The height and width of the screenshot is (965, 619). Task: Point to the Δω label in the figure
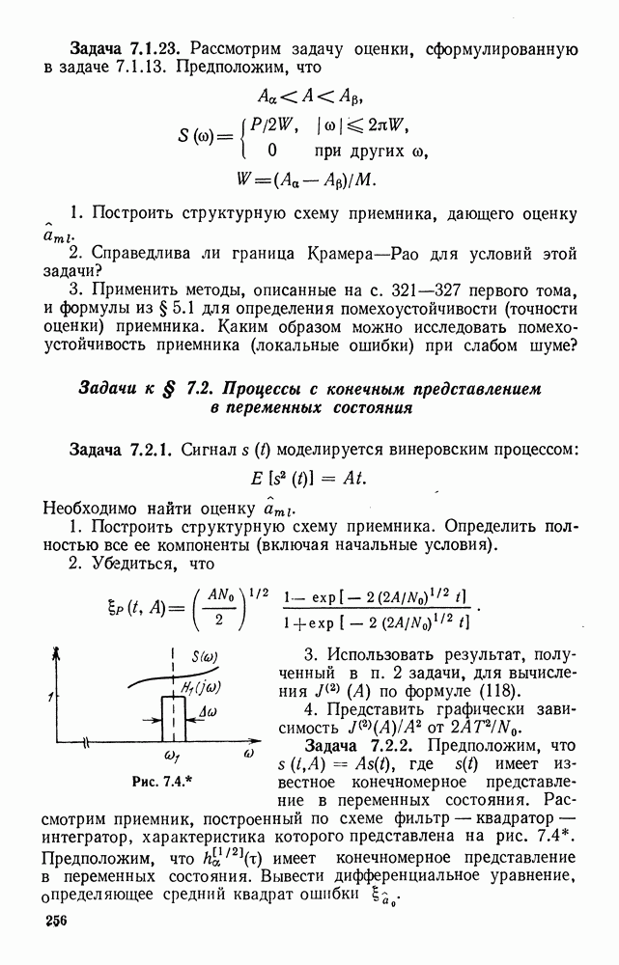point(206,712)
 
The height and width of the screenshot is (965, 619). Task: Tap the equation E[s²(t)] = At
point(310,479)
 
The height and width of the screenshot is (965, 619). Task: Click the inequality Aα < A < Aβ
point(310,96)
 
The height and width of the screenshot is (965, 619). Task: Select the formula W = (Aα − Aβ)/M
point(310,179)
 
